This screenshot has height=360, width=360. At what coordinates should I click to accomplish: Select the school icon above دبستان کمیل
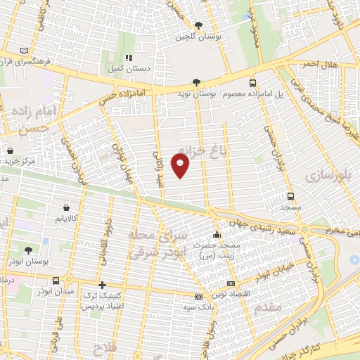click(x=128, y=58)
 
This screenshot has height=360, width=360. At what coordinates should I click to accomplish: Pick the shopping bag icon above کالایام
click(x=66, y=207)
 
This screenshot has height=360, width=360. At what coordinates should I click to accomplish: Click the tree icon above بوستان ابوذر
click(x=27, y=250)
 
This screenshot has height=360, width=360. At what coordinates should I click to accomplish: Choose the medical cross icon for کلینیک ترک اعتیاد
click(x=103, y=285)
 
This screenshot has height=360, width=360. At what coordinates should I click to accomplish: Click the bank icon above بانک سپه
click(x=198, y=296)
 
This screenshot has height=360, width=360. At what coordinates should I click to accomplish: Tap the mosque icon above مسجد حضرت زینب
click(x=216, y=234)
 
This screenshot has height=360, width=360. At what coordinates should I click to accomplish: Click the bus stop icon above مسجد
click(x=291, y=196)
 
